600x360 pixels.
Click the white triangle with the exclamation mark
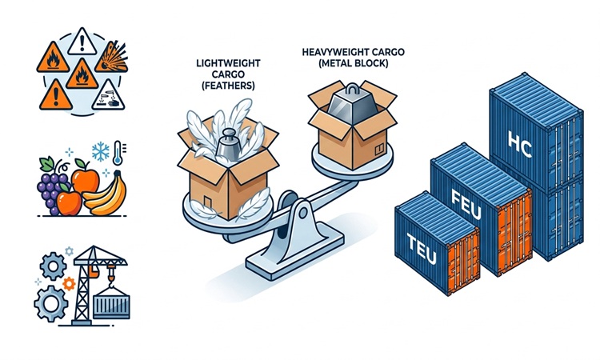point(82,43)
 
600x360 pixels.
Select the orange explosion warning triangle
point(112,58)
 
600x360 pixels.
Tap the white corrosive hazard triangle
point(109,96)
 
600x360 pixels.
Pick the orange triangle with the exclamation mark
point(56,96)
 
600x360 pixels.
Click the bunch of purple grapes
point(52,186)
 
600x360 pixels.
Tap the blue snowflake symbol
point(100,152)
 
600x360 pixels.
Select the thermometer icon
point(118,153)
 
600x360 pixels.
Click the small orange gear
point(69,283)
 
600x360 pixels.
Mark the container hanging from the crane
point(111,303)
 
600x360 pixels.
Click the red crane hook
point(111,278)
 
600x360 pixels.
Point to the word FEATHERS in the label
point(228,86)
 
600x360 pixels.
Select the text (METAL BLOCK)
point(353,63)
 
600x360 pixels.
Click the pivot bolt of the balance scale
point(303,213)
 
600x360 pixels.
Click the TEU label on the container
point(422,249)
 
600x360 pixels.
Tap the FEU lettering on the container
point(466,204)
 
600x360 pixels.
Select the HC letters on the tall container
point(520,144)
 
